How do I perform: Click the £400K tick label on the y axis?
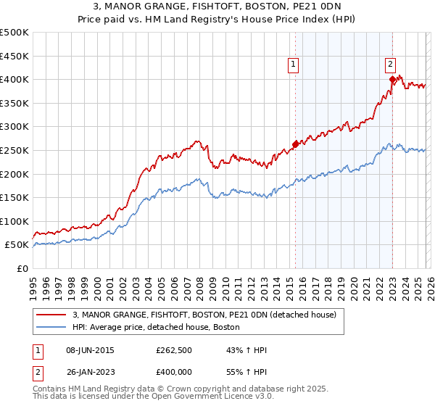14,79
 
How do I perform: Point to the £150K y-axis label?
14,197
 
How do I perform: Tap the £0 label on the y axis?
22,268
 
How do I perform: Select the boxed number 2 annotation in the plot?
390,63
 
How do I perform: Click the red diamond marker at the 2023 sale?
392,79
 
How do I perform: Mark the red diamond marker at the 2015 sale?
295,144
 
